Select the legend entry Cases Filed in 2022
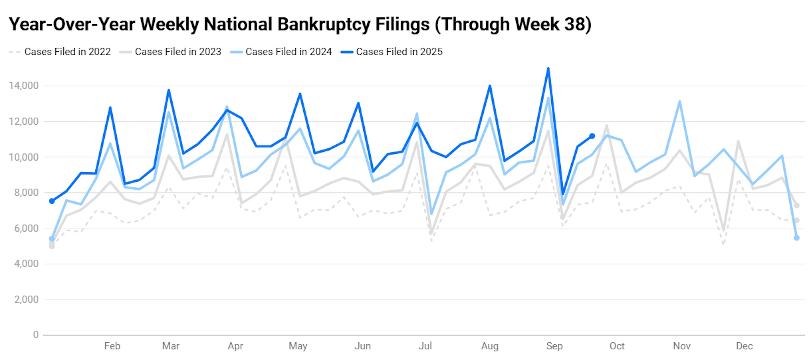point(67,52)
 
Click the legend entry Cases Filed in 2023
point(178,52)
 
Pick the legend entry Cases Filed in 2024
point(288,52)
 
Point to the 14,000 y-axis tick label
point(24,86)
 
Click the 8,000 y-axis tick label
point(26,192)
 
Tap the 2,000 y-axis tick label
point(26,299)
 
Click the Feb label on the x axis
point(112,346)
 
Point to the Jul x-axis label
point(425,346)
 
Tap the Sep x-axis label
point(554,346)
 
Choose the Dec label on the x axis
point(744,346)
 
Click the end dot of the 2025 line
point(592,136)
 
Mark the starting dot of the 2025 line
point(52,201)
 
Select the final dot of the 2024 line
point(797,238)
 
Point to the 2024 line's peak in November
point(680,101)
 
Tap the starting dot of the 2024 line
point(52,239)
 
